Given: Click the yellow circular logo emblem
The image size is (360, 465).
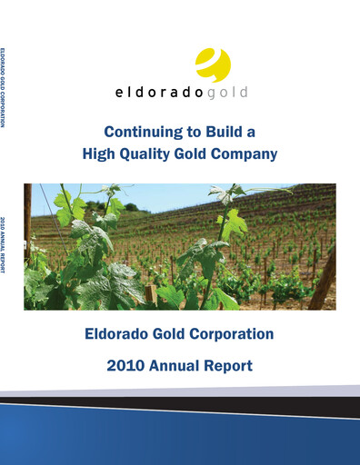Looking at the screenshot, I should coord(213,65).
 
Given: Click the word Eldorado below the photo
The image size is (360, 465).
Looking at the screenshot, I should coord(116,334).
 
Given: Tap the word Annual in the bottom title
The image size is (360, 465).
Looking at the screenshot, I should coord(180,366).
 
